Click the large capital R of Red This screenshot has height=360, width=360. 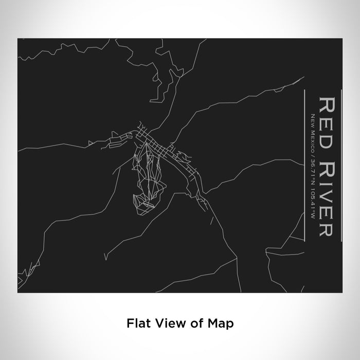328,103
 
